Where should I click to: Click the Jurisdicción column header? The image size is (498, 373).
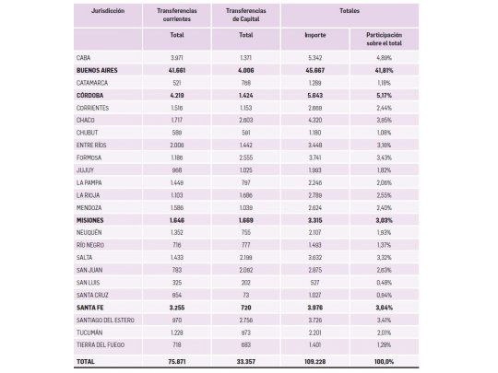108,12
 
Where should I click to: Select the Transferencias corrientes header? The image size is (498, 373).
176,15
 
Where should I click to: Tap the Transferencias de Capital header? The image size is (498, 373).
245,15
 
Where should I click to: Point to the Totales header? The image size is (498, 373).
350,12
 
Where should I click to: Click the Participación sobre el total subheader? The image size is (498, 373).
384,38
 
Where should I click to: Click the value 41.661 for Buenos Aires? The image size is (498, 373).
176,70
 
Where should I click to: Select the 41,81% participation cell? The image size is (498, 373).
384,70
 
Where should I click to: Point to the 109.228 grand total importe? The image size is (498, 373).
315,361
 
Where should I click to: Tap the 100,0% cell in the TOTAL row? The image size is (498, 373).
384,361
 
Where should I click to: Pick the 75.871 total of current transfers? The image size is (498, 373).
176,361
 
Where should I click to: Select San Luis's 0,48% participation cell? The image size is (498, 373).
384,282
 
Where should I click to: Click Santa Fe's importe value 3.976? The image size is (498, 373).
315,307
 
